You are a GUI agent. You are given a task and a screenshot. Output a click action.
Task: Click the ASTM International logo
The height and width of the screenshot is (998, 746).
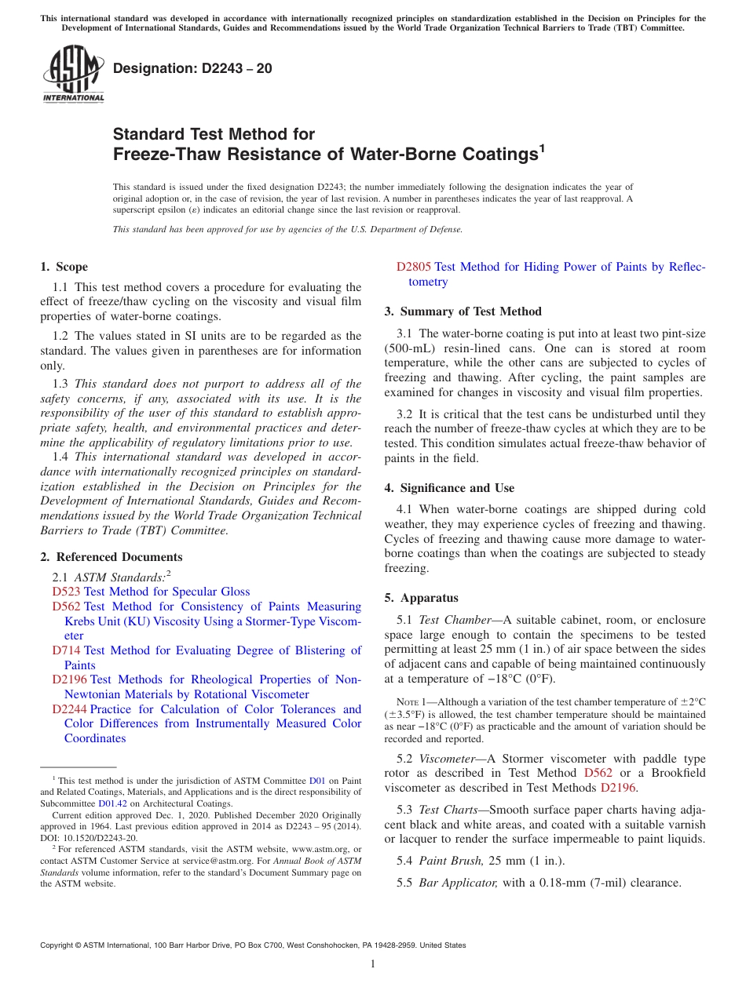[73, 74]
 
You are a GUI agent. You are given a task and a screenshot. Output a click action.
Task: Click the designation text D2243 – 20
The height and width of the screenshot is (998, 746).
[192, 68]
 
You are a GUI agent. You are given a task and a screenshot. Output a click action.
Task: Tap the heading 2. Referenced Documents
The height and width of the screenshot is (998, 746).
[111, 557]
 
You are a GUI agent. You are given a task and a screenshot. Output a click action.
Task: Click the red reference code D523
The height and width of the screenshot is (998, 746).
[66, 592]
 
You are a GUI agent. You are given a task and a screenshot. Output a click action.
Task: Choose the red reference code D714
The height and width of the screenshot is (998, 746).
[66, 650]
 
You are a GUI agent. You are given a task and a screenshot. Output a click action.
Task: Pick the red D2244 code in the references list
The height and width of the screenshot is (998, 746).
[69, 709]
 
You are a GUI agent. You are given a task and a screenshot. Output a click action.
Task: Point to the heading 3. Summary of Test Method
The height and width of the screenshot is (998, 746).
[463, 311]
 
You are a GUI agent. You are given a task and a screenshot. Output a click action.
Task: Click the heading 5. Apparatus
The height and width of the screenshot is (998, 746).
[421, 598]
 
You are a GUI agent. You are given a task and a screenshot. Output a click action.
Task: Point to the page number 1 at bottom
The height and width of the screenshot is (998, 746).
[373, 963]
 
